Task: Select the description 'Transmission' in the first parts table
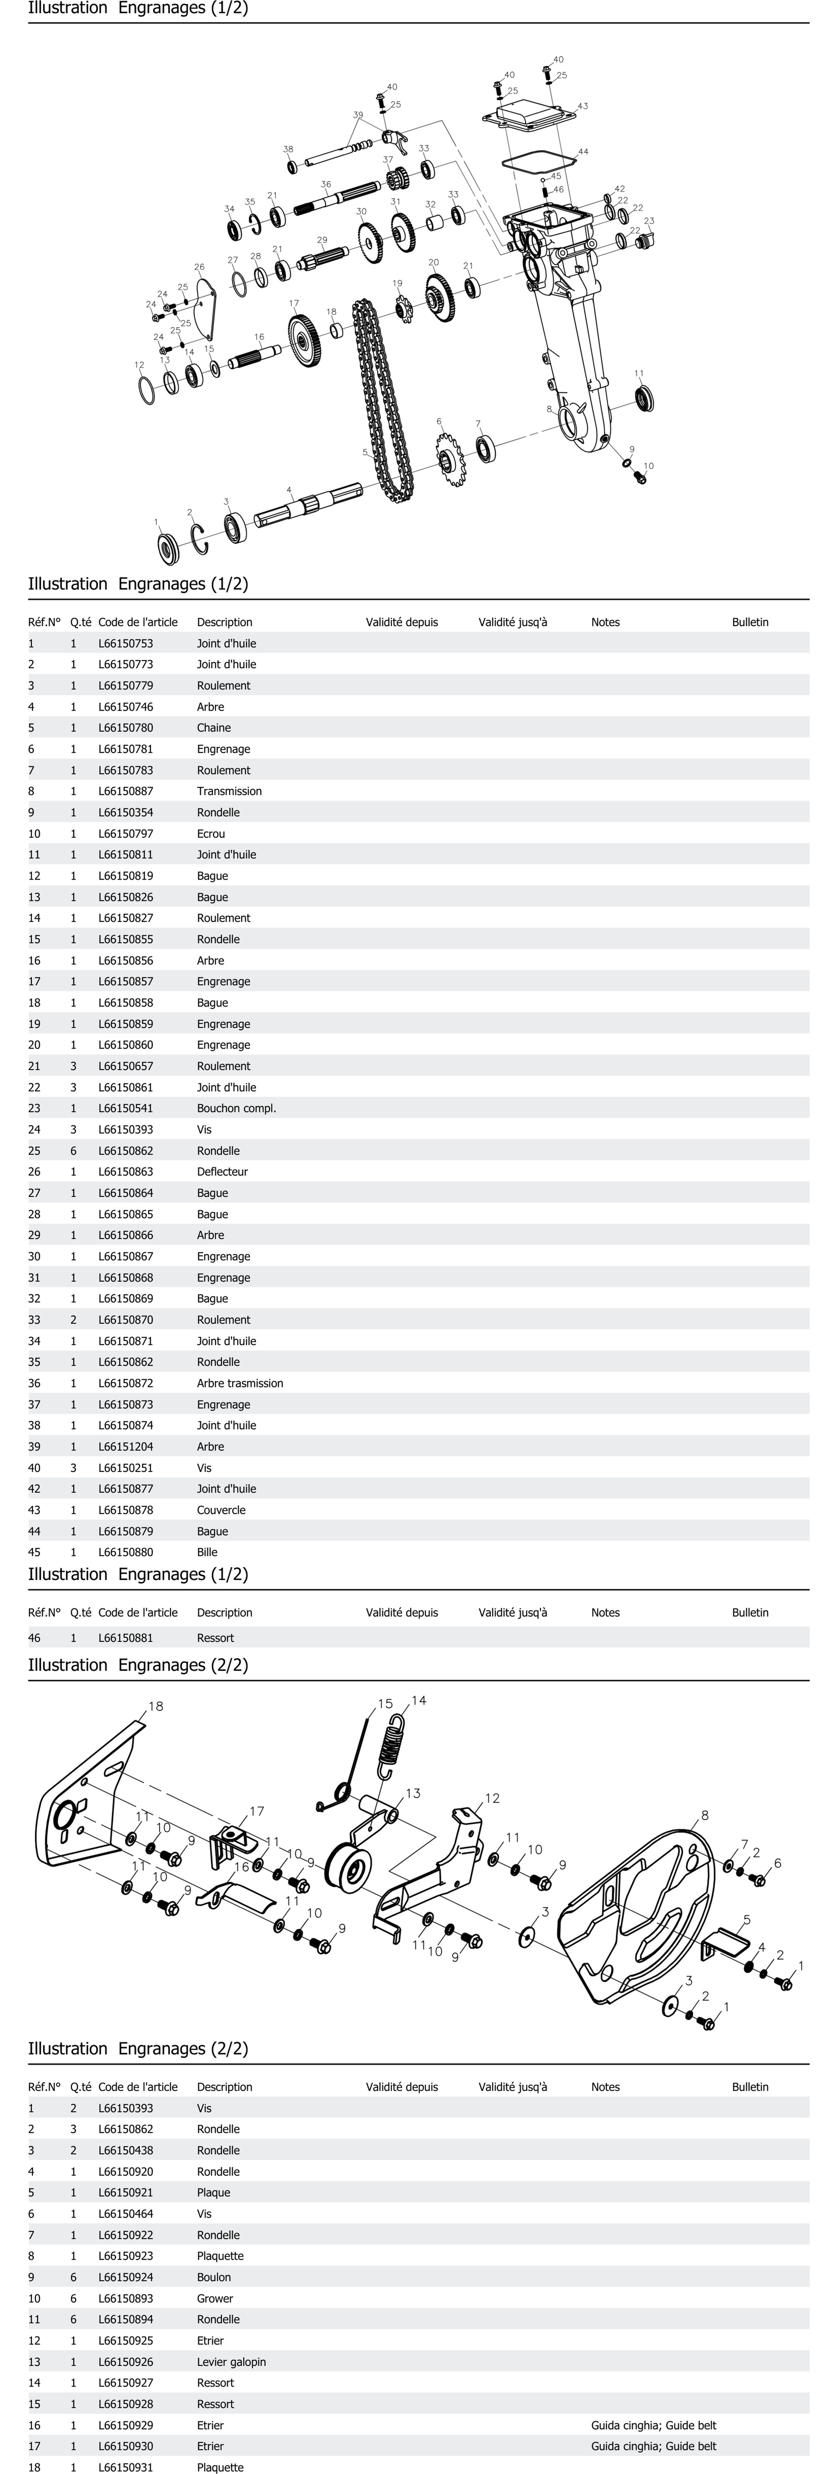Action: [229, 791]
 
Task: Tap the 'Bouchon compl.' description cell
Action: [236, 1108]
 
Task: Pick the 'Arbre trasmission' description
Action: [240, 1383]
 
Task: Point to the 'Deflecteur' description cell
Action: [222, 1172]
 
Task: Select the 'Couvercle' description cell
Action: [221, 1510]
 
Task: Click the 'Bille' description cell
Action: [207, 1552]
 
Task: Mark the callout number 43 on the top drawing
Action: [583, 106]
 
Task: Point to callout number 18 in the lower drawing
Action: [155, 1707]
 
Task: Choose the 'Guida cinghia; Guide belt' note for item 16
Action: [653, 2425]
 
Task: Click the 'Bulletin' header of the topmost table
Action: [750, 622]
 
